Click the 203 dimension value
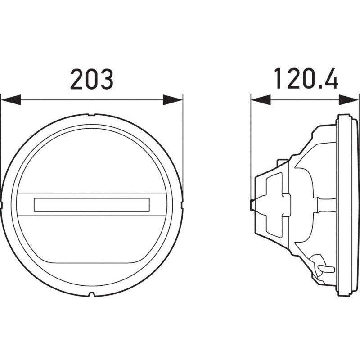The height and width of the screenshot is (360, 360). point(91,79)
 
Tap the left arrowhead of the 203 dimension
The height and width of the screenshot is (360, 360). point(11,100)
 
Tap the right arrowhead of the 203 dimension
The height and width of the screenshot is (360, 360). point(173,100)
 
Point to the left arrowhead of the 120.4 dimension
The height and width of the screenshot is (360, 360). point(260,100)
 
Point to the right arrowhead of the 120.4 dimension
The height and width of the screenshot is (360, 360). point(349,100)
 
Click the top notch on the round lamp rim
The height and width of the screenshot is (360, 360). point(91,116)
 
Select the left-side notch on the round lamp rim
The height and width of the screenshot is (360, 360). point(3,205)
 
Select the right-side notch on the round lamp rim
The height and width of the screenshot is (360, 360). point(181,205)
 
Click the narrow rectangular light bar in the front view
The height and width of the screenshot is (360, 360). point(92,204)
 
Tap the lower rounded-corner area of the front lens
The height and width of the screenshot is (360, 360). point(92,243)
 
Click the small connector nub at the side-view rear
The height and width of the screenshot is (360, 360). point(252,205)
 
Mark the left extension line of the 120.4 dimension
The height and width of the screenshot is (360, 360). point(251,135)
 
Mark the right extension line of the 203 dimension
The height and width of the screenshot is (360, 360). point(183,135)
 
